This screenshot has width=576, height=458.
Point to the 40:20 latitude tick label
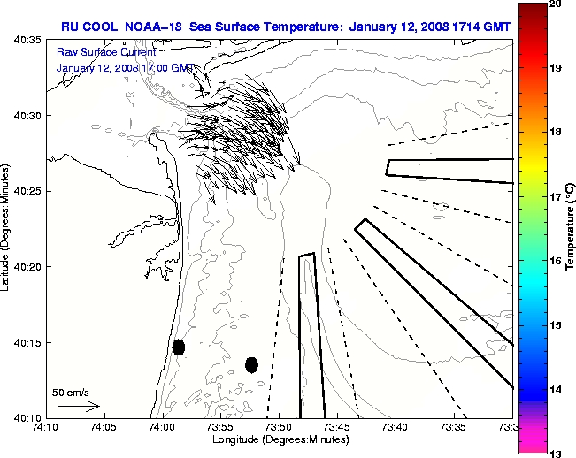tap(27, 266)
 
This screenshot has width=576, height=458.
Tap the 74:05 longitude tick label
tap(104, 427)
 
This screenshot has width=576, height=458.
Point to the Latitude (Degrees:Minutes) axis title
tap(8, 228)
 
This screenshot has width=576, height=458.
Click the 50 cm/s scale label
tap(70, 392)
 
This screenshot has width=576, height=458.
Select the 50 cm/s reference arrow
tap(78, 406)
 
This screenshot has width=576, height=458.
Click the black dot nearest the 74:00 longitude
tap(179, 347)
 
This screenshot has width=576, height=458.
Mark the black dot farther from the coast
tap(251, 364)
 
